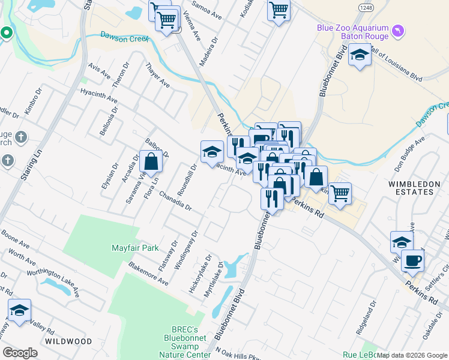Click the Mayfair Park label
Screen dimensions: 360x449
(135, 247)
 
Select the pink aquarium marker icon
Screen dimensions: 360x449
(397, 31)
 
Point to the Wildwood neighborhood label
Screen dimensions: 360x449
(68, 341)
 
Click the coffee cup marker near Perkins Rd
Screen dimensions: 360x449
(413, 261)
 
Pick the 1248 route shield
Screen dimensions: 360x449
(366, 7)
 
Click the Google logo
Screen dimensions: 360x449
(20, 353)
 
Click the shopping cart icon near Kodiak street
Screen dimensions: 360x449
(279, 10)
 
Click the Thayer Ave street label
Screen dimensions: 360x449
(157, 77)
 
